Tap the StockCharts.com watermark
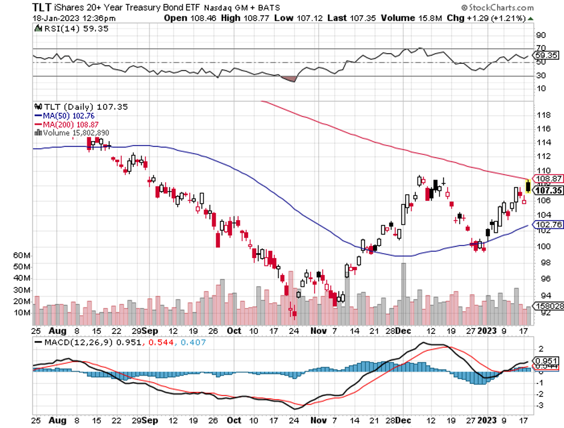point(497,8)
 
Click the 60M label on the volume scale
point(22,255)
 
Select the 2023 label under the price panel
point(487,331)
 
